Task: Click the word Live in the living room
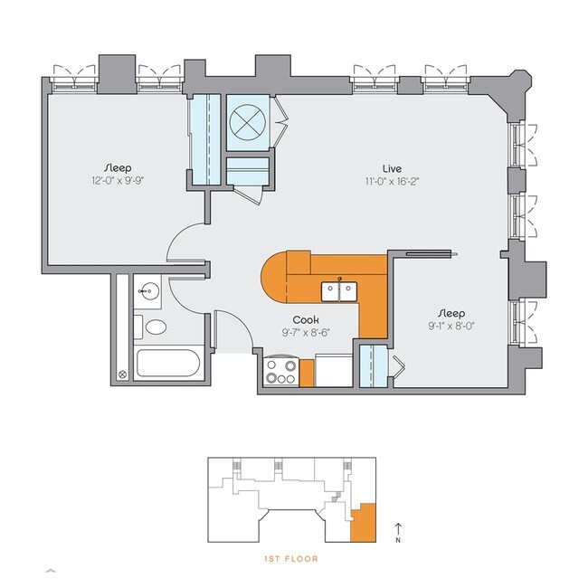391,167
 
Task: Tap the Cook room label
303,319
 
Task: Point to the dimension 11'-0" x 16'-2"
391,181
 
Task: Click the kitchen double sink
338,289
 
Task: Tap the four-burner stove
280,372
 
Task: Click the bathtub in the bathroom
168,365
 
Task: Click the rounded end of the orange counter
275,280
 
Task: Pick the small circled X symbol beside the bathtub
123,374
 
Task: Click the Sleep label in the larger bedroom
117,167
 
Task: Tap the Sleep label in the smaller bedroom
449,315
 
